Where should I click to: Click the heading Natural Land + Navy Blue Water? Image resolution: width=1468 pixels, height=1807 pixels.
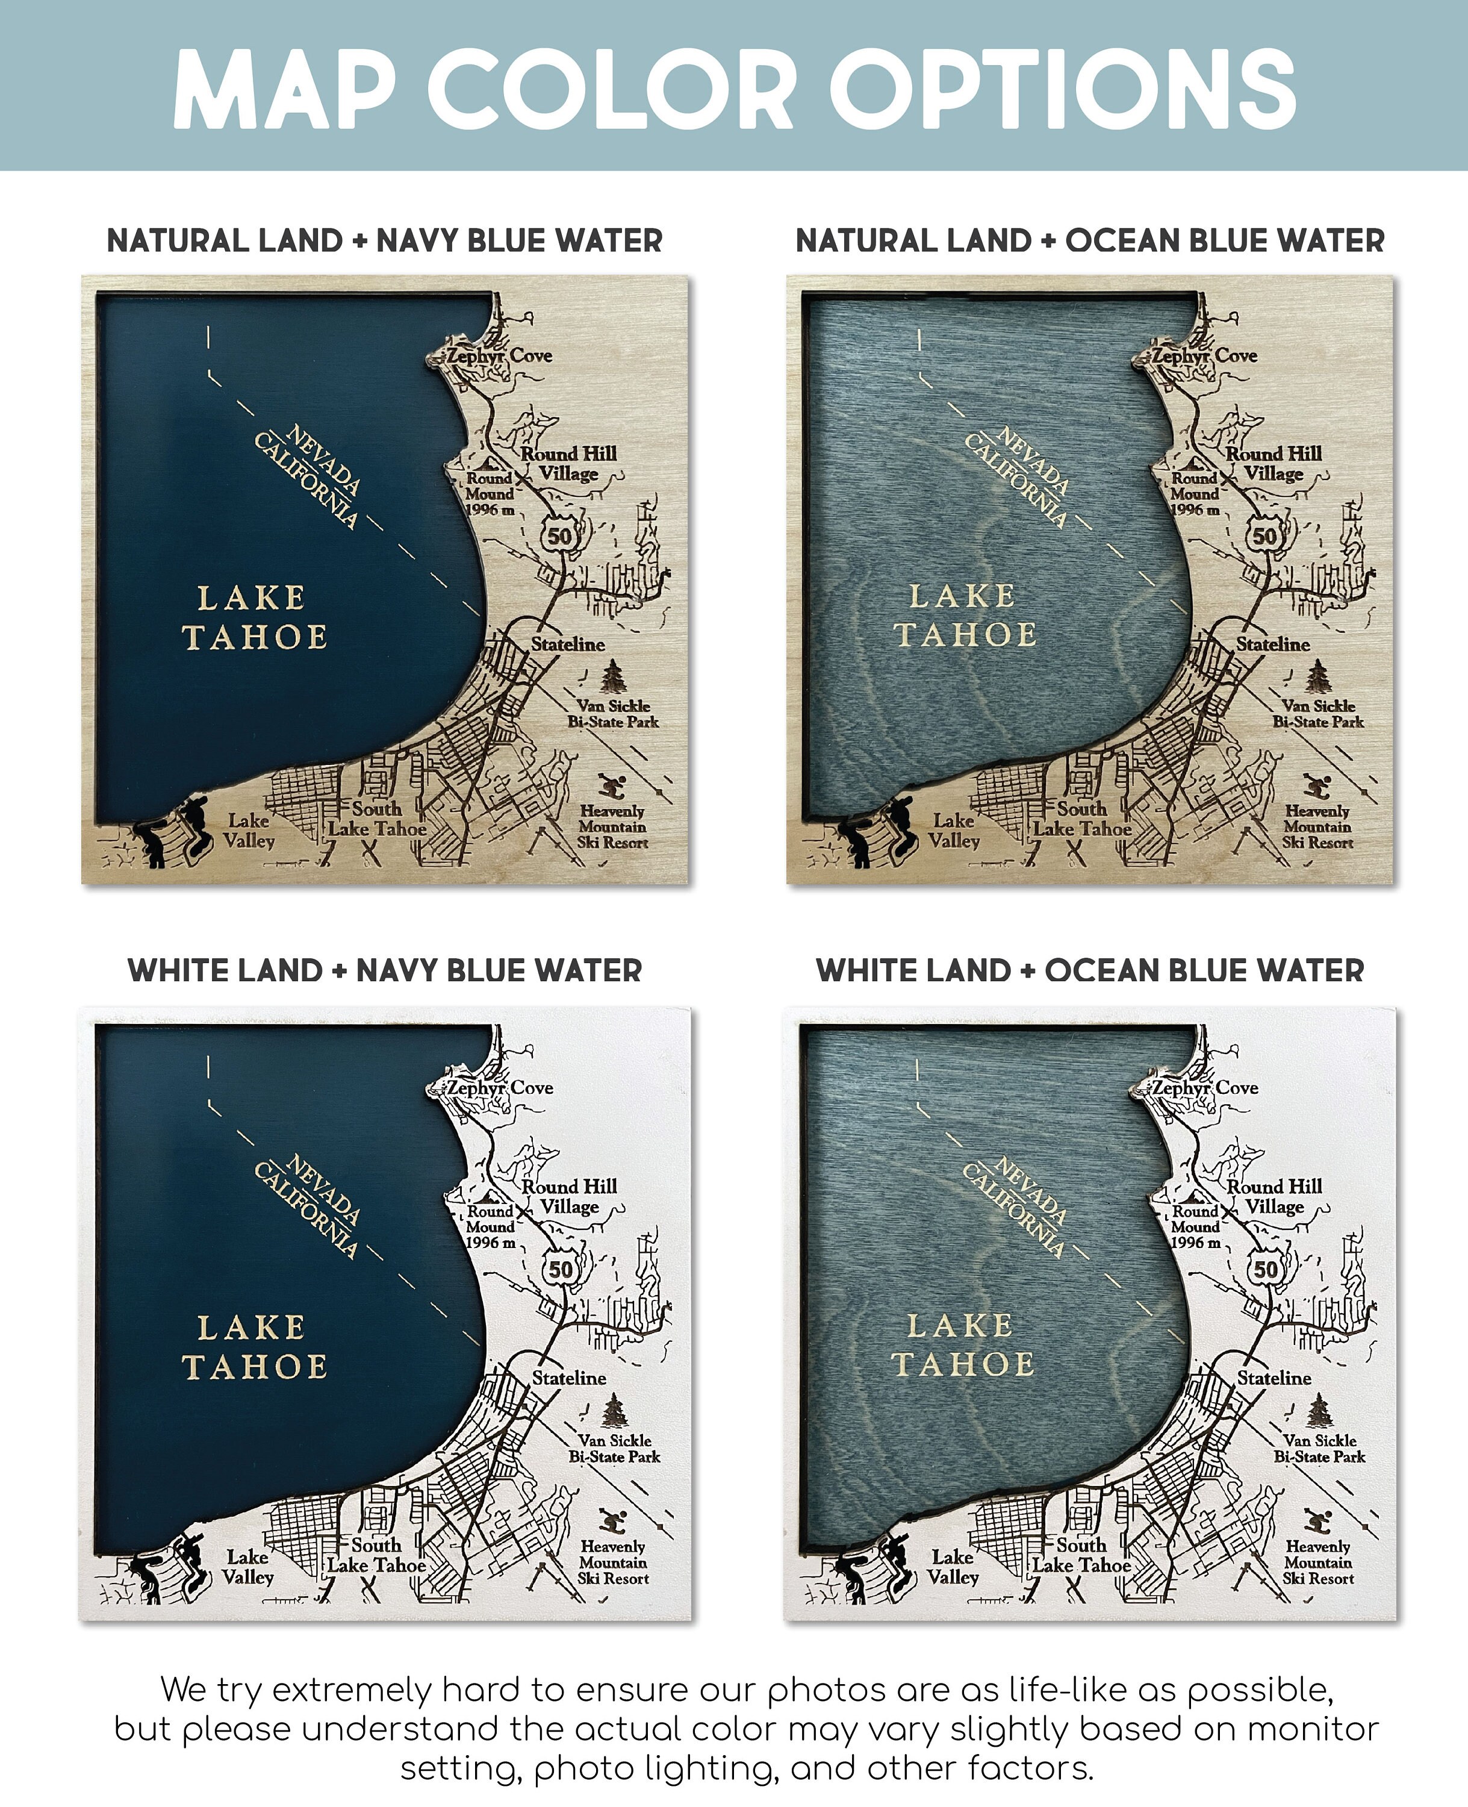[x=385, y=241]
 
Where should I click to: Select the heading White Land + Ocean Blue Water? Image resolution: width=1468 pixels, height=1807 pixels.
[x=1089, y=970]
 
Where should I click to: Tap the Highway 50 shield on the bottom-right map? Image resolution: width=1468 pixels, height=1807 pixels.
[x=1265, y=1269]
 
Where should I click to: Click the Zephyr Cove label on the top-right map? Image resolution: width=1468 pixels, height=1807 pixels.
[x=1204, y=356]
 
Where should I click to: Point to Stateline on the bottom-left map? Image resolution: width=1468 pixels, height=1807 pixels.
[x=568, y=1378]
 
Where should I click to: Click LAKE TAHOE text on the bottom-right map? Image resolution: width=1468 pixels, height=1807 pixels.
[x=962, y=1345]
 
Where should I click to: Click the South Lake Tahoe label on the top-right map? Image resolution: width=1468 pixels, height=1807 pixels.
[x=1081, y=819]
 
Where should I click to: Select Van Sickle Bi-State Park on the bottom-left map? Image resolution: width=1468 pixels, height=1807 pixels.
[x=614, y=1448]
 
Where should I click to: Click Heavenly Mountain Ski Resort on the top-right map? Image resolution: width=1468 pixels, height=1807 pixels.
[x=1317, y=826]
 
